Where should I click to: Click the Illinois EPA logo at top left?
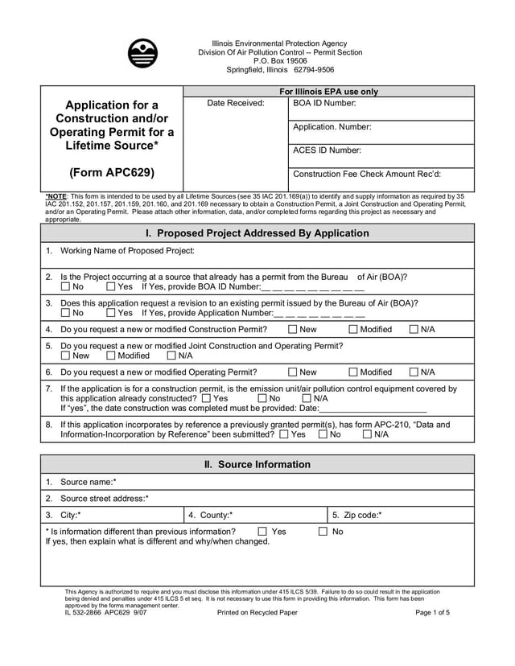142,53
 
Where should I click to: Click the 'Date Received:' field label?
235,104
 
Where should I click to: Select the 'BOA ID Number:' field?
323,104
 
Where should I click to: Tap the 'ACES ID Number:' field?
327,150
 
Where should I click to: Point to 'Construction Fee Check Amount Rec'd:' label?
366,174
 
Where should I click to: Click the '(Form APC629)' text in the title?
112,172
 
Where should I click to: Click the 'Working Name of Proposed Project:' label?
128,251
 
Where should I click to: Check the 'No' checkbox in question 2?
65,287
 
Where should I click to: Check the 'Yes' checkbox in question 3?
111,313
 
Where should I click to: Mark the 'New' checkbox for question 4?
293,330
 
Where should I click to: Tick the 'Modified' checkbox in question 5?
111,356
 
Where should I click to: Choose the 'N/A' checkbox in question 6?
414,372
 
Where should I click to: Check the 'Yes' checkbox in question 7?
208,398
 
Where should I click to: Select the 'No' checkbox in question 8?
323,434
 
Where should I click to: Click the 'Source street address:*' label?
104,499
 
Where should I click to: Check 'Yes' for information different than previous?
263,532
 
